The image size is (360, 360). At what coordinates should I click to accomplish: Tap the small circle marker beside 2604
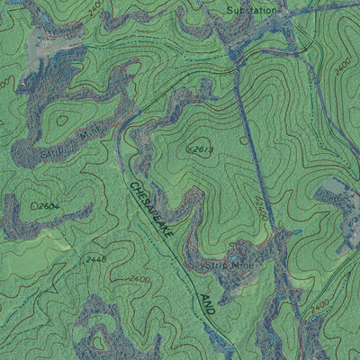tap(34, 206)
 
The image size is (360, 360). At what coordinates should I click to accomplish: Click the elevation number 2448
tap(95, 259)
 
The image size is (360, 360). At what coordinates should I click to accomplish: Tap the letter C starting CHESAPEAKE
tap(133, 187)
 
